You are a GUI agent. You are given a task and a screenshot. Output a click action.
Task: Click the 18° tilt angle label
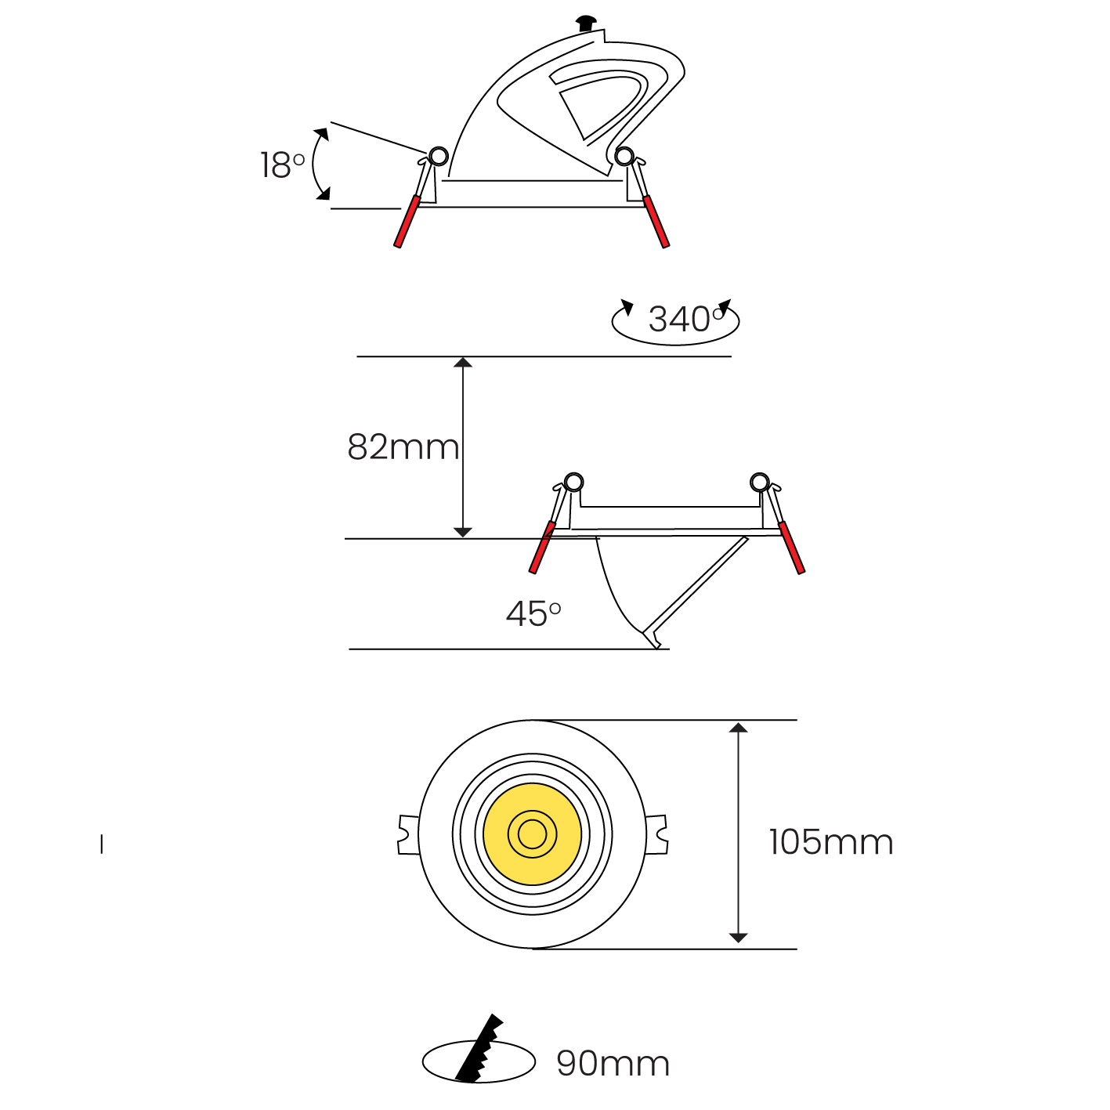coord(282,165)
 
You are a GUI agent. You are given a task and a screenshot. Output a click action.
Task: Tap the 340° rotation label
coord(686,319)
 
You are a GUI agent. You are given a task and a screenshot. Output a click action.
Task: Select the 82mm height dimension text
coord(403,447)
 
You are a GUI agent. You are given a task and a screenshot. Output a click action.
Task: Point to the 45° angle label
coord(533,613)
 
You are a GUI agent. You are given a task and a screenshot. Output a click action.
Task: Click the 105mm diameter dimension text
coord(831,842)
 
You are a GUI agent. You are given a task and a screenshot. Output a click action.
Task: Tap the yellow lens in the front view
coord(532,834)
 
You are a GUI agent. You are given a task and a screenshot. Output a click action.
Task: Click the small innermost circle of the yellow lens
coord(532,834)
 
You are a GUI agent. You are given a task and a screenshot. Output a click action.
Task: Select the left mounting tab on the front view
coord(408,835)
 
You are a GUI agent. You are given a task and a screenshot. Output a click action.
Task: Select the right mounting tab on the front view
coord(656,834)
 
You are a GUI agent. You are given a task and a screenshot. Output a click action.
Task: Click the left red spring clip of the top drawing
coord(407,221)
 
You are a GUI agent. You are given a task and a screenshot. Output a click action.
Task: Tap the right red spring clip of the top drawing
coord(656,221)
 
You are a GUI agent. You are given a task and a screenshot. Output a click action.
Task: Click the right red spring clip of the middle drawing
coord(791,548)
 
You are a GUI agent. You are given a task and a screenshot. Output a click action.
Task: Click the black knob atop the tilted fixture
coord(586,24)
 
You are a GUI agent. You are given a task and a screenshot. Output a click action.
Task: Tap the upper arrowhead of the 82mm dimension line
coord(462,363)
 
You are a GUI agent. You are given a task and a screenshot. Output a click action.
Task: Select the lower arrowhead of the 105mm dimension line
coord(738,938)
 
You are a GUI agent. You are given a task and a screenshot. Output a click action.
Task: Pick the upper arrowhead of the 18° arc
coord(321,134)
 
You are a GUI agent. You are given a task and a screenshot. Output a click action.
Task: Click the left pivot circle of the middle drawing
coord(573,482)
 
